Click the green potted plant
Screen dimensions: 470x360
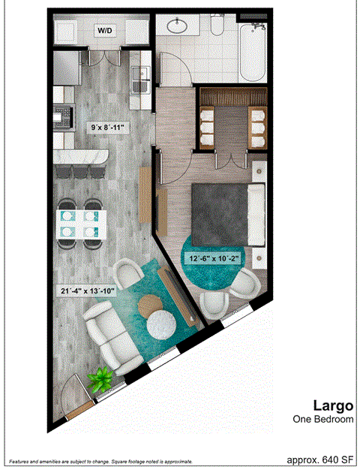click(99, 378)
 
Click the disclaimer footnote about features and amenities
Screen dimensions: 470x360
click(100, 461)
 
